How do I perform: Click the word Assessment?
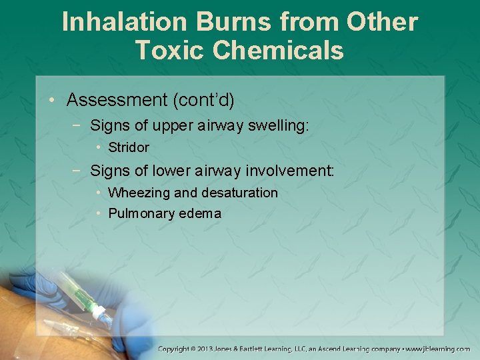pyautogui.click(x=117, y=100)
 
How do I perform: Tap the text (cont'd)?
pyautogui.click(x=203, y=100)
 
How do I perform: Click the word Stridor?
pyautogui.click(x=129, y=147)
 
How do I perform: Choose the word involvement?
pyautogui.click(x=289, y=171)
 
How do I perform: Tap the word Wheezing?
pyautogui.click(x=137, y=193)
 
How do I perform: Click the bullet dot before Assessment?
pyautogui.click(x=52, y=101)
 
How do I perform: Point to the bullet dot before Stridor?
pyautogui.click(x=98, y=147)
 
